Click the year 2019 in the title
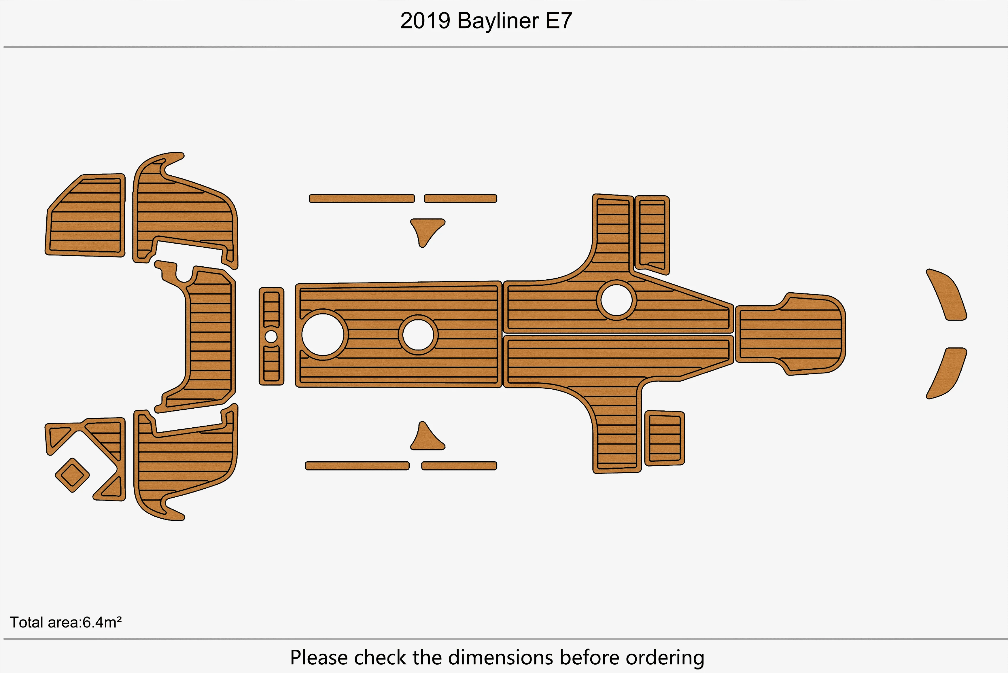tap(425, 21)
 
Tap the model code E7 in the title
tap(559, 21)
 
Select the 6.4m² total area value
tap(102, 622)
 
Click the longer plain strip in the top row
tap(362, 198)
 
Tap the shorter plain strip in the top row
tap(460, 198)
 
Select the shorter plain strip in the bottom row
tap(459, 466)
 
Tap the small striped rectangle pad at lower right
tap(665, 438)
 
